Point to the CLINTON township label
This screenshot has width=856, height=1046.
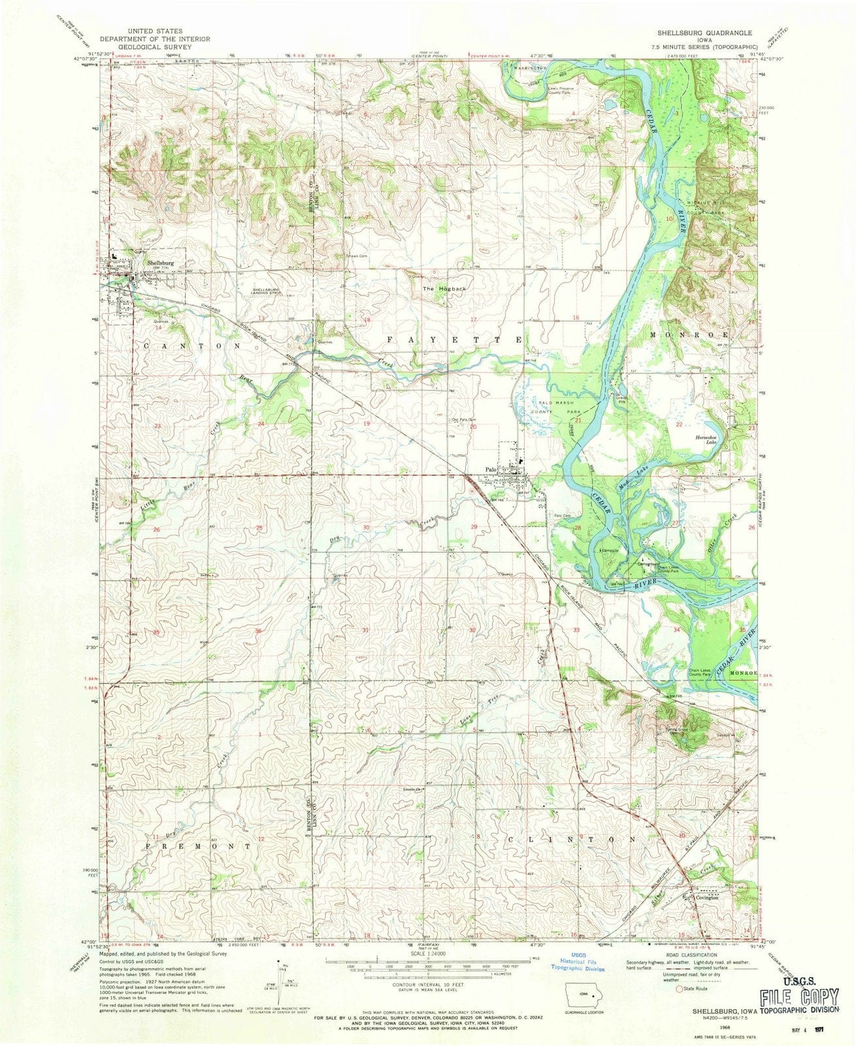tap(570, 838)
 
